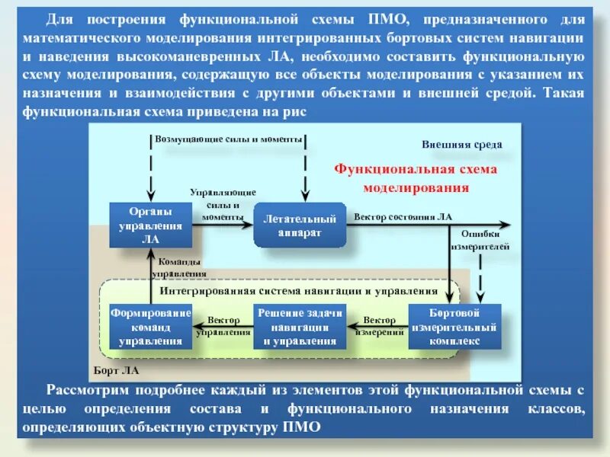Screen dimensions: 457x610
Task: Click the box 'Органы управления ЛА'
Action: click(150, 225)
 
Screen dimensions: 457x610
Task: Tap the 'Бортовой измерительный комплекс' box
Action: click(454, 326)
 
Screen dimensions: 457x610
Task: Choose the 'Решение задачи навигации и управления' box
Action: click(300, 326)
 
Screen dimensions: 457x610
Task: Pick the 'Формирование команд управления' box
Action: click(150, 326)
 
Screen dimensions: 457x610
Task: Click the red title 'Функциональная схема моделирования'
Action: click(416, 177)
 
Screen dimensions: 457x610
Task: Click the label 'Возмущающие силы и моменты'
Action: click(229, 139)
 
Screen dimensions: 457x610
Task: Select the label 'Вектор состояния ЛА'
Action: click(403, 216)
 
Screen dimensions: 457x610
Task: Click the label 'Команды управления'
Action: click(179, 267)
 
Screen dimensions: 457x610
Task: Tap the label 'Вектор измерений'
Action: click(379, 326)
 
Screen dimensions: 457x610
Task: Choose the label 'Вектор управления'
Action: click(223, 326)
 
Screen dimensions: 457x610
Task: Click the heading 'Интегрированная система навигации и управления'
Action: click(299, 290)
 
